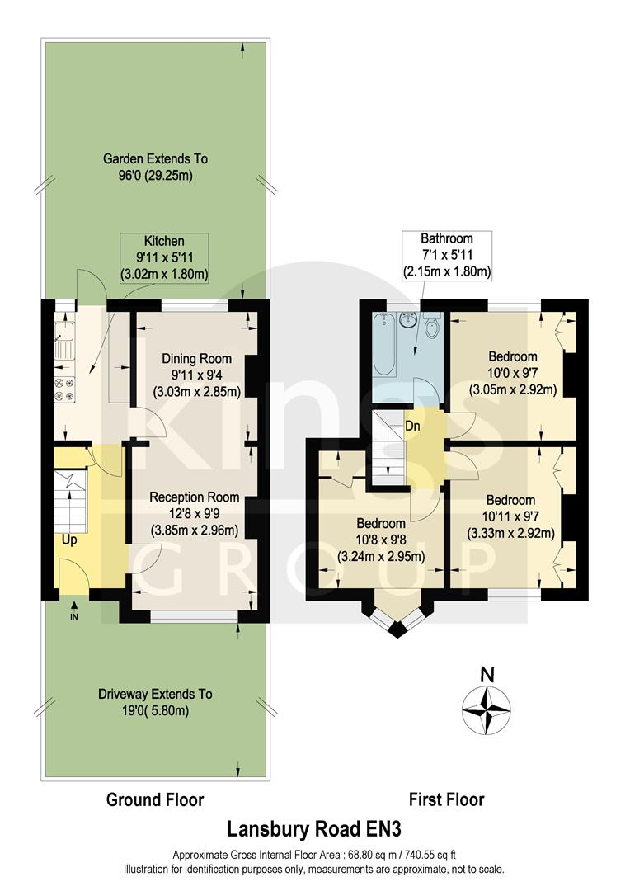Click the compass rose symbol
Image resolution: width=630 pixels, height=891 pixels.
coord(487,711)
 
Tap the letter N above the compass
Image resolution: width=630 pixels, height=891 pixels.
coord(487,674)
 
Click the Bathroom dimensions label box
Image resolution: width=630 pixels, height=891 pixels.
coord(446,255)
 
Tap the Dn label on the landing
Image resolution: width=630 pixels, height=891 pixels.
coord(414,427)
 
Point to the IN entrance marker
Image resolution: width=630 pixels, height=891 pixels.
coord(74,615)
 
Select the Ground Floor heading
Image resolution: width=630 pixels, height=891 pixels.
coord(155,799)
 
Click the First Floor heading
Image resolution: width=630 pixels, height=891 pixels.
coord(447,799)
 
